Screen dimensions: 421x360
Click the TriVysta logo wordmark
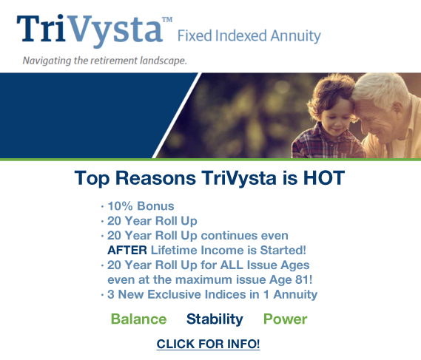[90, 30]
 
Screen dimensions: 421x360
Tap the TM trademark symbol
[167, 19]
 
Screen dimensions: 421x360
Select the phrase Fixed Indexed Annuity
[249, 36]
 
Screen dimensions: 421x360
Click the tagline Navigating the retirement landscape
[105, 61]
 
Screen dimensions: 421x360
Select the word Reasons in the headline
[155, 177]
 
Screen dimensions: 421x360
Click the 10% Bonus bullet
[141, 206]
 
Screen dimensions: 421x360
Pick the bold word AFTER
[127, 251]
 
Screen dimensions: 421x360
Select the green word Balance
[138, 319]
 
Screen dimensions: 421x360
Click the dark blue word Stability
[215, 319]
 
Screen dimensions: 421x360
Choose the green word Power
[285, 319]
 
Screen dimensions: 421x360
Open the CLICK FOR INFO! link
[208, 344]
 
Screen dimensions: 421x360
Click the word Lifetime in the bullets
[174, 251]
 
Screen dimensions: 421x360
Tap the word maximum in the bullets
[204, 279]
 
